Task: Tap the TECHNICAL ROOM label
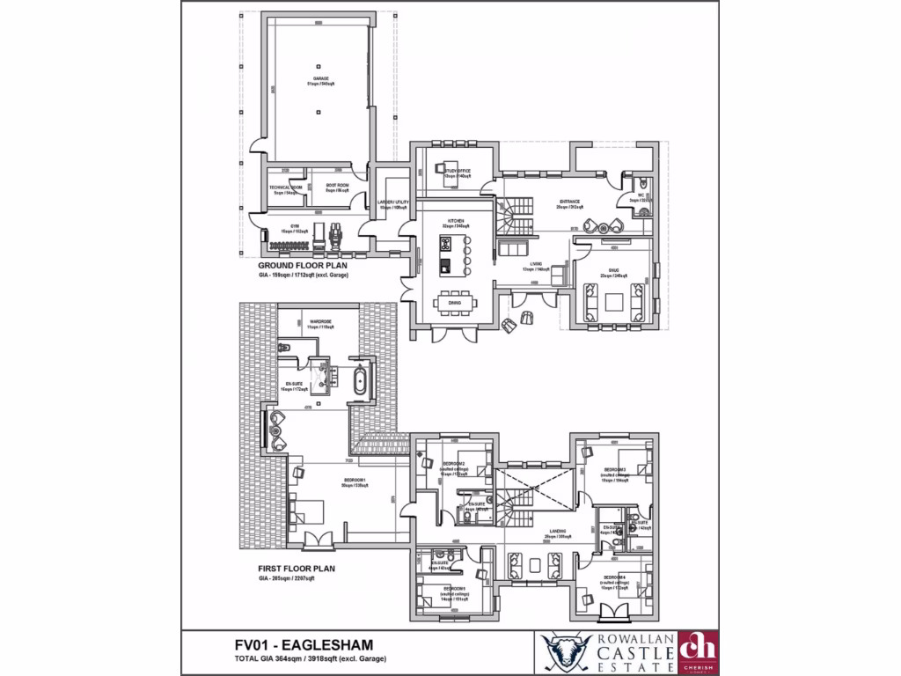(286, 188)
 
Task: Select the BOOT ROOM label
(337, 186)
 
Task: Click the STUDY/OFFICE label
(457, 172)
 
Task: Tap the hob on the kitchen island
(445, 244)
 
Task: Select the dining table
(455, 302)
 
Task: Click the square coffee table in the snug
(613, 301)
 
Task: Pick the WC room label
(641, 196)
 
